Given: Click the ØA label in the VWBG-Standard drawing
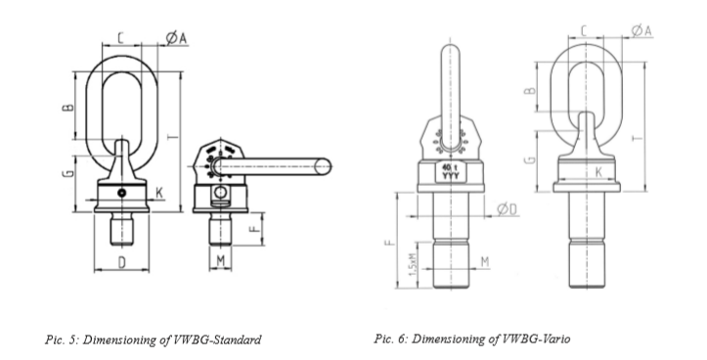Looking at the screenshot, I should click(176, 38).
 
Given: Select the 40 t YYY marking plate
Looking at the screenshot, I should click(449, 173).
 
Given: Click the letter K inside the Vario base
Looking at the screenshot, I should click(597, 171).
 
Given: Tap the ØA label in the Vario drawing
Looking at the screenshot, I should click(641, 32).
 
